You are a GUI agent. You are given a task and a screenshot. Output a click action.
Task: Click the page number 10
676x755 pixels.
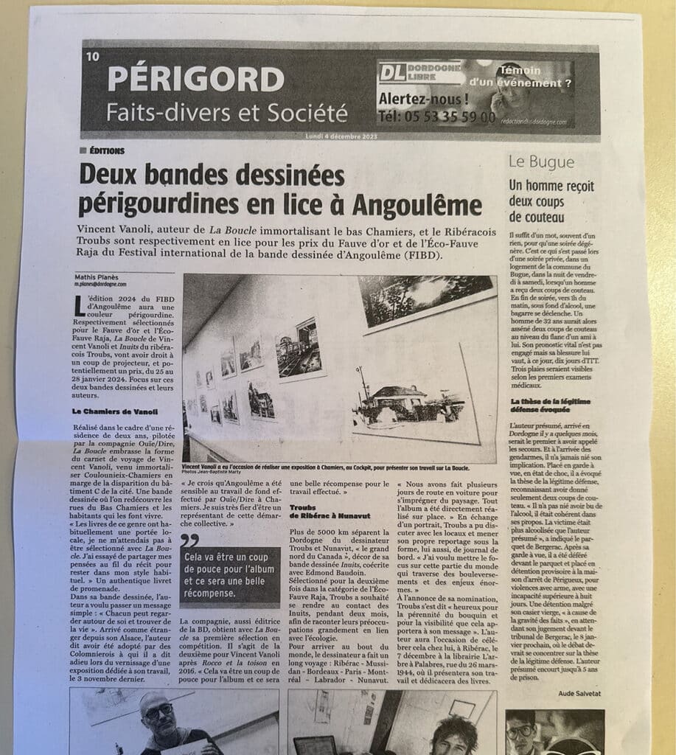92,57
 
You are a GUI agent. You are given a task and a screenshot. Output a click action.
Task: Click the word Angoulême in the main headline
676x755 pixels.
417,203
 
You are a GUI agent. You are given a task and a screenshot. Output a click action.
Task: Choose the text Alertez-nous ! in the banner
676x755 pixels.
422,99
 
